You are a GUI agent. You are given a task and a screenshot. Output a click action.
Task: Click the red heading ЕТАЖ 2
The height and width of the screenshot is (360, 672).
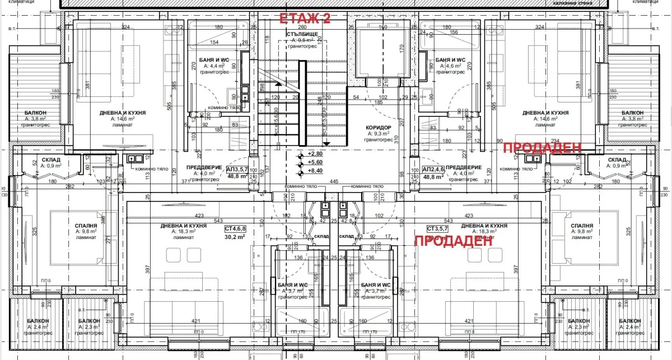click(305, 18)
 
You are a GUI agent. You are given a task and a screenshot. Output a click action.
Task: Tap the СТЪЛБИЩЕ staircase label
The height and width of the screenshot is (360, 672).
click(302, 34)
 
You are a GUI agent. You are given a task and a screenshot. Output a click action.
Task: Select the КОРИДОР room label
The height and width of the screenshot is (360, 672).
click(379, 128)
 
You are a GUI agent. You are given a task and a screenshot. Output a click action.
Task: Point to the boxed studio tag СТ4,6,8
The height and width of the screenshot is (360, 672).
click(235, 229)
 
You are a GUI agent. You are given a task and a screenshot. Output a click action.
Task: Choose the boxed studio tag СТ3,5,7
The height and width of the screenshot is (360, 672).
click(438, 229)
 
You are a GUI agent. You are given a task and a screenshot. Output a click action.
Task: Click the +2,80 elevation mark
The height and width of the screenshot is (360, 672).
click(315, 153)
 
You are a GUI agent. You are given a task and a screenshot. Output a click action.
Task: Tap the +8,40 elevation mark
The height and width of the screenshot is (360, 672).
click(315, 170)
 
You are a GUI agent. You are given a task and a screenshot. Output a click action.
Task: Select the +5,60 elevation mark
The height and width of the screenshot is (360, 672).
click(315, 162)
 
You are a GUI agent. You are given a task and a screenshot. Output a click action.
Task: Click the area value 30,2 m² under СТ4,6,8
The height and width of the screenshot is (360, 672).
click(235, 237)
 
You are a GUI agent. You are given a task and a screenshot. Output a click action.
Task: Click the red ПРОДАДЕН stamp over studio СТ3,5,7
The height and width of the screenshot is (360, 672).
click(452, 241)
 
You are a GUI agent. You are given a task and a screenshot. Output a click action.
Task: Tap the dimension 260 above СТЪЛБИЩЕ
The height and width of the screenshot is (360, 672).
click(302, 27)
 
